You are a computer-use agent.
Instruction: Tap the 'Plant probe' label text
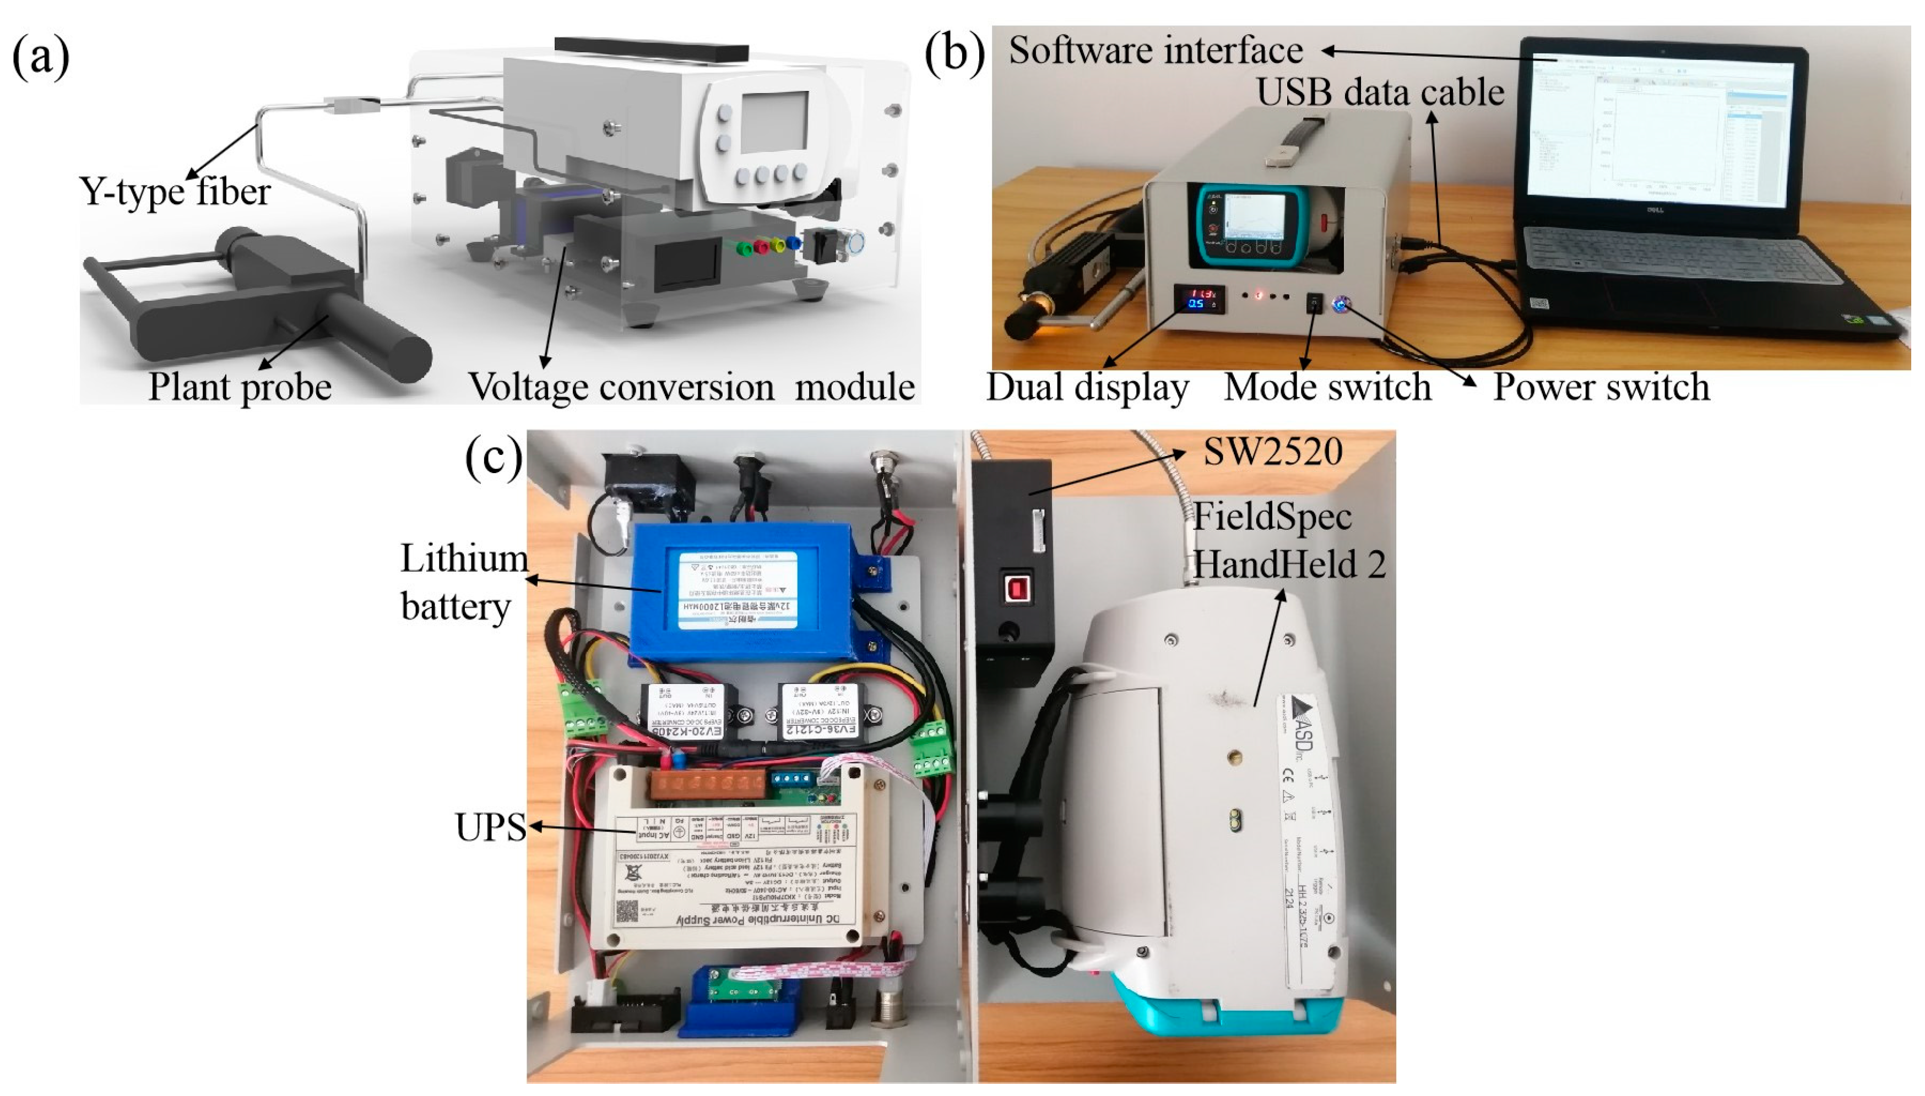[239, 387]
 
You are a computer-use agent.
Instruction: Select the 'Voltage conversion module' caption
[691, 387]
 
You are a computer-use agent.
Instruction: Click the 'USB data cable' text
[1380, 93]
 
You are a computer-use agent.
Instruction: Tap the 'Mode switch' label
[1327, 387]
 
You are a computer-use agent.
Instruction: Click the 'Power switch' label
[1601, 387]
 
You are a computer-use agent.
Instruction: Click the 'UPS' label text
[490, 827]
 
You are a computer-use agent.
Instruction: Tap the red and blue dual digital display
[1200, 298]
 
